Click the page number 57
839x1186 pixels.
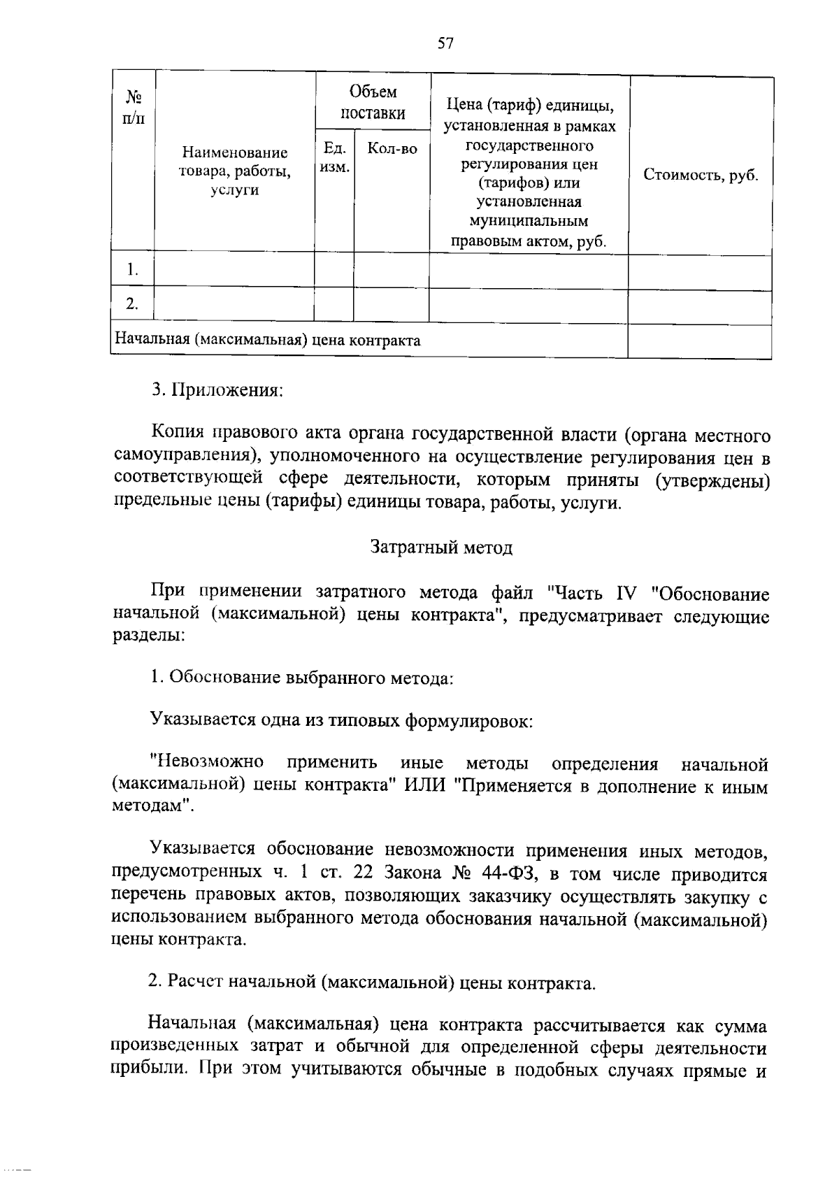point(445,44)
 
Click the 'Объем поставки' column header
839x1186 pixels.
point(373,102)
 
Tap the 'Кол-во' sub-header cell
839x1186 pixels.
point(392,148)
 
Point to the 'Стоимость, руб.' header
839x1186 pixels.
point(701,175)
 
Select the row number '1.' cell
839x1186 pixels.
point(132,270)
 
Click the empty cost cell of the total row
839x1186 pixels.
point(699,341)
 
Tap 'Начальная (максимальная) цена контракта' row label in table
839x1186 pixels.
point(268,341)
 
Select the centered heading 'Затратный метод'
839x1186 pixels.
point(441,547)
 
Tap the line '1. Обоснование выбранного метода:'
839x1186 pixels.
point(302,678)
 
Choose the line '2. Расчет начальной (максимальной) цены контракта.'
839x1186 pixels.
point(372,983)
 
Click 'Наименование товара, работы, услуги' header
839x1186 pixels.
point(234,171)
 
